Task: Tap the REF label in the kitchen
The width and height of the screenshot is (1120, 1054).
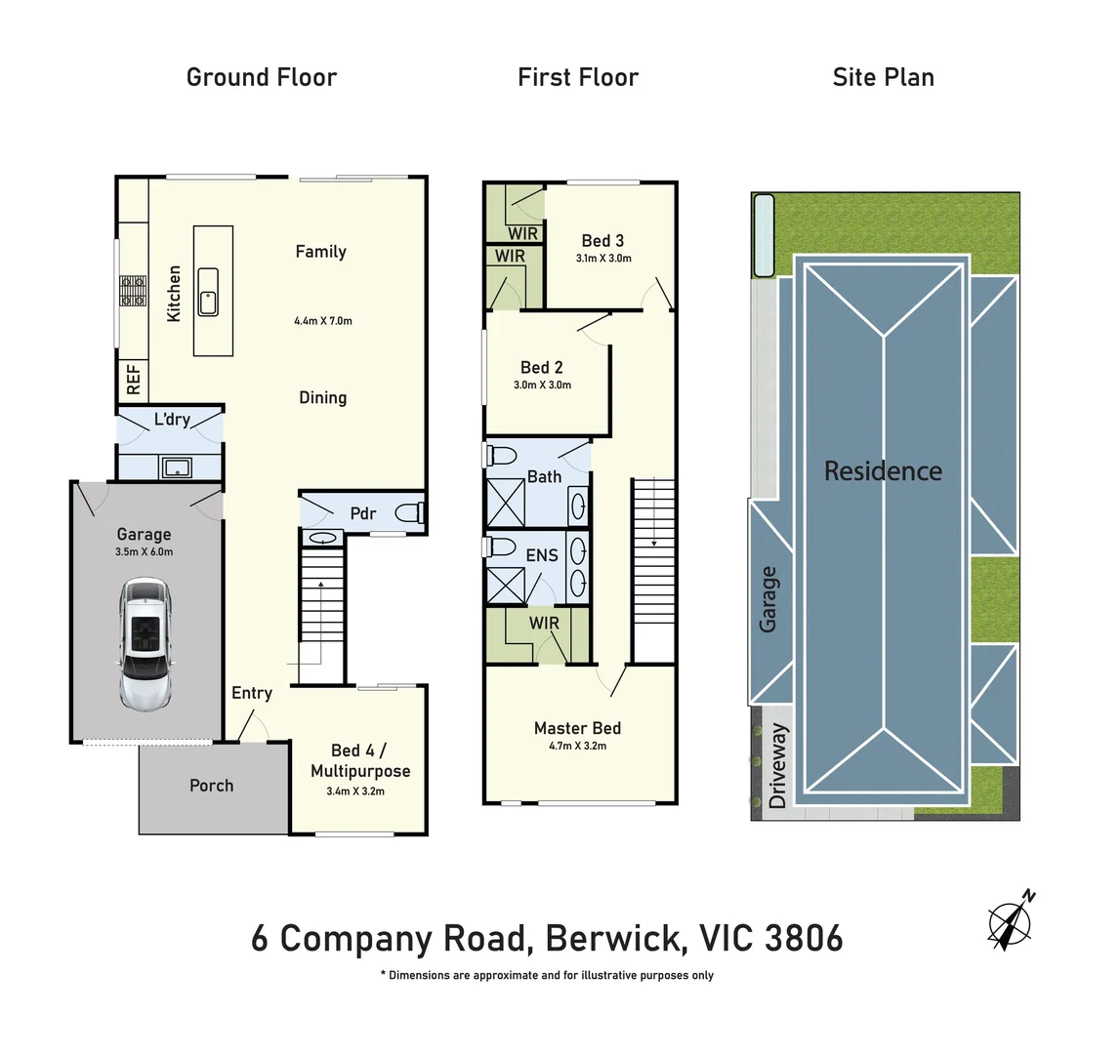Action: click(134, 379)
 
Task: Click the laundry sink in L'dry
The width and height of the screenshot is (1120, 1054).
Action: click(178, 467)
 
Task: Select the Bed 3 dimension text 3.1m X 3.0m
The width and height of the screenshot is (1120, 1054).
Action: click(603, 259)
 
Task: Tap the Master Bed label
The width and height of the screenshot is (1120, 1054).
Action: click(577, 728)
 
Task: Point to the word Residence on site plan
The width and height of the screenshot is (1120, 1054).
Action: click(883, 471)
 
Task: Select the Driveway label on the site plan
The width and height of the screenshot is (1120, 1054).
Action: click(777, 766)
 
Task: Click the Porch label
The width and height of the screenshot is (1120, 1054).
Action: click(212, 786)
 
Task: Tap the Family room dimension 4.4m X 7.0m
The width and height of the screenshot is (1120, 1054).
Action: click(322, 320)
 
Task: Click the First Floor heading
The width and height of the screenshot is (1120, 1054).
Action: click(578, 77)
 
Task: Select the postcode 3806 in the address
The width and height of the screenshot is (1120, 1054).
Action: click(804, 939)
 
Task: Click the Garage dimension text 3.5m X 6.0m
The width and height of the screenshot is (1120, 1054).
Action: click(145, 552)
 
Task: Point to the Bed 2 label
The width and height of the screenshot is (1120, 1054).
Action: click(541, 367)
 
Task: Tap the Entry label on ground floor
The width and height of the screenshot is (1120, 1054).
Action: click(252, 693)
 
